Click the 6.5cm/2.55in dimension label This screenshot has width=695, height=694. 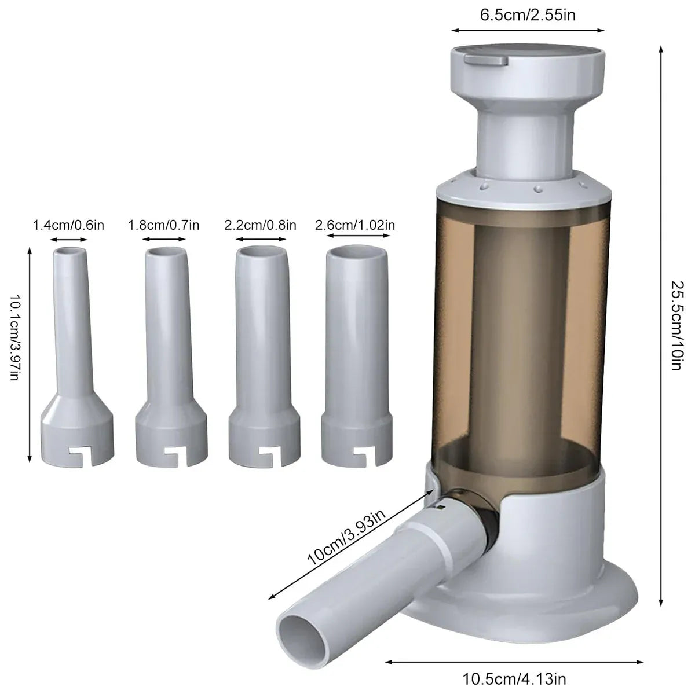pos(527,15)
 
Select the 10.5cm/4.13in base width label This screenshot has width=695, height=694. pos(514,679)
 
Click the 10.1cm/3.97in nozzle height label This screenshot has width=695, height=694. pos(16,337)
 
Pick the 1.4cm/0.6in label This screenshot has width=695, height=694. pos(68,225)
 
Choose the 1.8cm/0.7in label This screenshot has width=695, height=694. pos(164,225)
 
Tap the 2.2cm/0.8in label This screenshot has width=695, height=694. pos(260,225)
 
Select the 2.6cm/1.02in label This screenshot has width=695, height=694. pos(355,225)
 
